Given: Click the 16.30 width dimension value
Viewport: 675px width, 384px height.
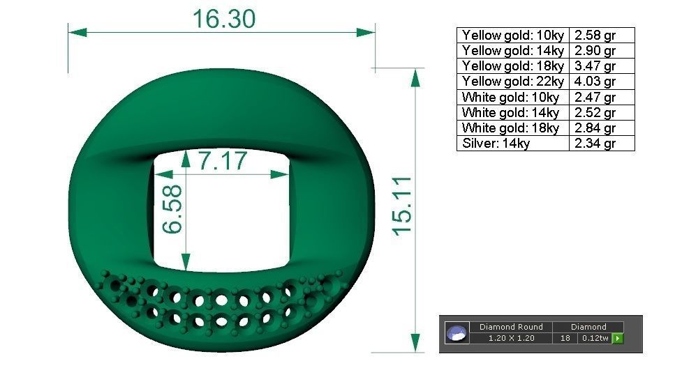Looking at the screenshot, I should pos(224,19).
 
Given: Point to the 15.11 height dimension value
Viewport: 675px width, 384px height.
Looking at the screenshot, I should pos(402,205).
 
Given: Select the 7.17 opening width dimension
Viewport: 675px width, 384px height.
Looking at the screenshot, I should pos(223,161).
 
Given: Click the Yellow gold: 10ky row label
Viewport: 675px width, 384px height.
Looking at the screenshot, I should pos(512,35).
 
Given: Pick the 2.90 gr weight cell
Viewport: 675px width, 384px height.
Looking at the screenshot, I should pos(595,51).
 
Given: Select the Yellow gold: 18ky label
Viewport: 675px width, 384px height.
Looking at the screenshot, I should pos(512,66).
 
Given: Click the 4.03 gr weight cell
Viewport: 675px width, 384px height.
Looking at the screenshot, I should pos(595,82).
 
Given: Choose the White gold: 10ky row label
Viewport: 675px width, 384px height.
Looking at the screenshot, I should pos(510,98).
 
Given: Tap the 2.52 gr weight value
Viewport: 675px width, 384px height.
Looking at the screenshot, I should pos(595,113).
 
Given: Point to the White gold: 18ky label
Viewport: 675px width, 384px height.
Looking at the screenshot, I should pos(510,128).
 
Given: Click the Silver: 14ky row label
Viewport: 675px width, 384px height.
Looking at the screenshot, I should pos(496,144).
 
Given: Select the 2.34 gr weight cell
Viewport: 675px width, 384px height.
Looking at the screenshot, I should pos(595,144).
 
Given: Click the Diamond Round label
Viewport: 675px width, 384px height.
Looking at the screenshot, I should pos(511,327).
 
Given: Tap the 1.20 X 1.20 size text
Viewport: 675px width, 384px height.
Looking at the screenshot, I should pos(511,339).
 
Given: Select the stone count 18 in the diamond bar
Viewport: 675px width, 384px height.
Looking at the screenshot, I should pos(565,339).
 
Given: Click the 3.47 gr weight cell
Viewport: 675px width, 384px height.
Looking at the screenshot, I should pos(595,66).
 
